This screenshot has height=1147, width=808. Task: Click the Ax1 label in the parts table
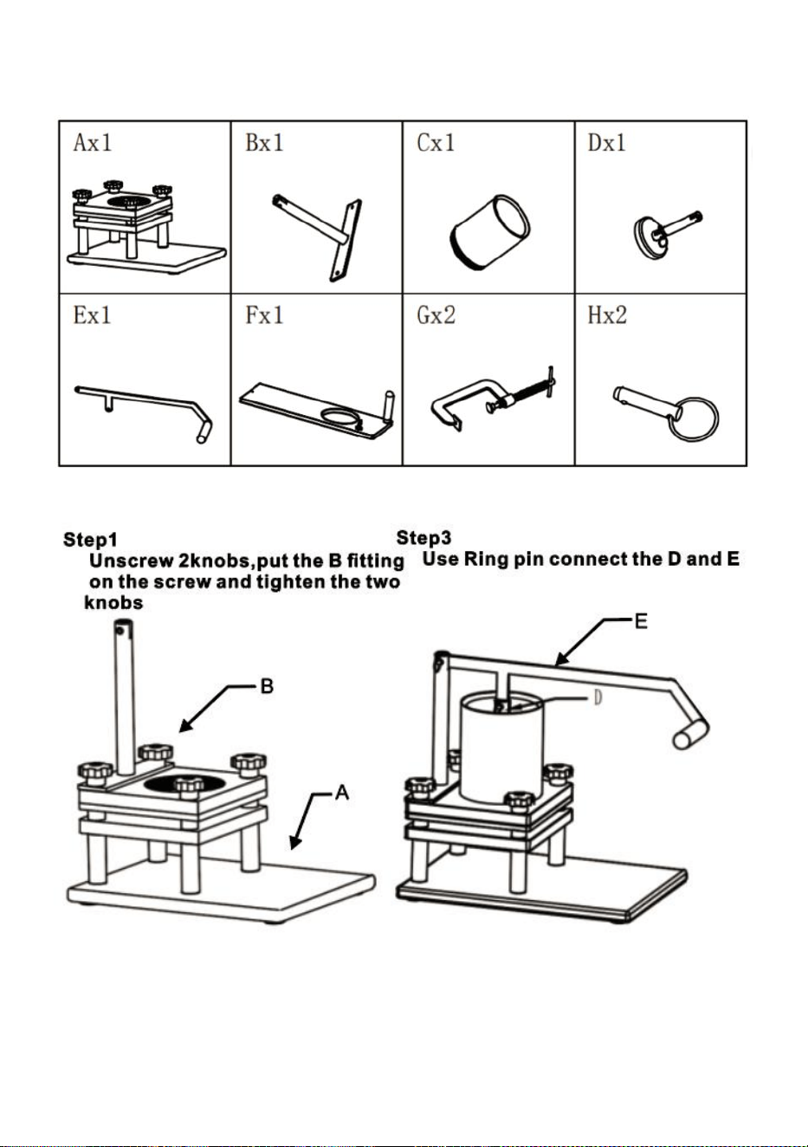(x=92, y=142)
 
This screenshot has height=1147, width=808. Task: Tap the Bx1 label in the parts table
(x=264, y=142)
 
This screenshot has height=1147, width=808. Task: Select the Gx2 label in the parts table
(x=436, y=315)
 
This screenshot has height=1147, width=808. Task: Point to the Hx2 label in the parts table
(x=607, y=315)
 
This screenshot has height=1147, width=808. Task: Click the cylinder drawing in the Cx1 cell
(x=489, y=232)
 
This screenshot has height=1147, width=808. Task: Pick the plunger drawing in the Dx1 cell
(x=667, y=232)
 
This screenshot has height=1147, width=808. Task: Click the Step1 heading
(x=90, y=540)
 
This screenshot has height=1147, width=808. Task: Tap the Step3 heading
(x=424, y=538)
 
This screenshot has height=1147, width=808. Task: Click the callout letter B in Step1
(x=268, y=686)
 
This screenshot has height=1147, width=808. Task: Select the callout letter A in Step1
(x=341, y=793)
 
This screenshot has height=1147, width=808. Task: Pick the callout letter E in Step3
(x=641, y=622)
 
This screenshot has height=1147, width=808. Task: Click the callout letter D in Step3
(x=598, y=697)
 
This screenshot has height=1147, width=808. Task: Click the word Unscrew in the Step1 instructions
(x=131, y=561)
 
